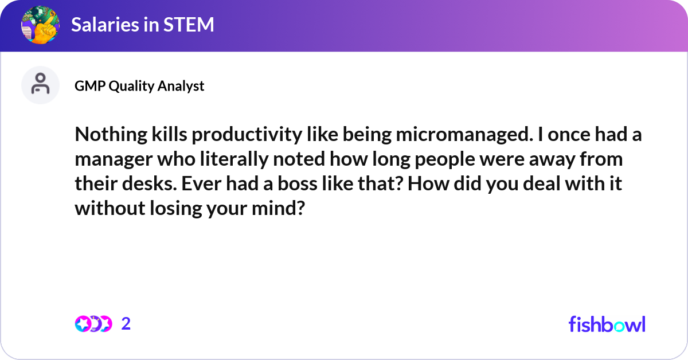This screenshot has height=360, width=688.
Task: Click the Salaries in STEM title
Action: tap(143, 25)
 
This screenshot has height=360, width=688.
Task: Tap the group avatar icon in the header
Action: tap(40, 25)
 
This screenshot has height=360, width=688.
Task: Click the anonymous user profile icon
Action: tap(40, 85)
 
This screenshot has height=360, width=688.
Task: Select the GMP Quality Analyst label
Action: tap(139, 86)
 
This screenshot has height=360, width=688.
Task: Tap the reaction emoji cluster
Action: tap(93, 324)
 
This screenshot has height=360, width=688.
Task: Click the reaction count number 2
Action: tap(126, 324)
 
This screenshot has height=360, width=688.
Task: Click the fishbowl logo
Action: tap(607, 324)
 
